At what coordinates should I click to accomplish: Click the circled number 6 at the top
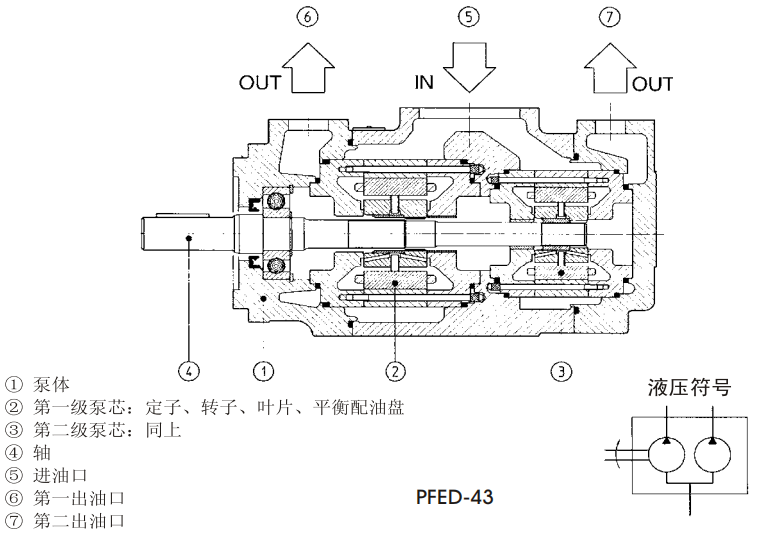pyautogui.click(x=307, y=17)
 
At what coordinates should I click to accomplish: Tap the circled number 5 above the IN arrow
pyautogui.click(x=468, y=17)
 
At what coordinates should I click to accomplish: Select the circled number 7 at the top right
pyautogui.click(x=610, y=17)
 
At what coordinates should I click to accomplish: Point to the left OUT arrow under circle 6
pyautogui.click(x=308, y=70)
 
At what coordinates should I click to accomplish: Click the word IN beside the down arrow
pyautogui.click(x=424, y=82)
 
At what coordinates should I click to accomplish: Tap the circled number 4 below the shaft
pyautogui.click(x=188, y=371)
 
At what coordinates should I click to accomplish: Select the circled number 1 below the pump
pyautogui.click(x=262, y=371)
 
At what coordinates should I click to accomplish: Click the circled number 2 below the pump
pyautogui.click(x=396, y=371)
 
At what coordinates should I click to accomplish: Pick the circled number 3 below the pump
pyautogui.click(x=562, y=371)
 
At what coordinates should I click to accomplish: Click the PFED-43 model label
pyautogui.click(x=457, y=495)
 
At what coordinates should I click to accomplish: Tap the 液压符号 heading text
pyautogui.click(x=688, y=387)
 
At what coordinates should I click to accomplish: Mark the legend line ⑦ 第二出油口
pyautogui.click(x=65, y=520)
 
